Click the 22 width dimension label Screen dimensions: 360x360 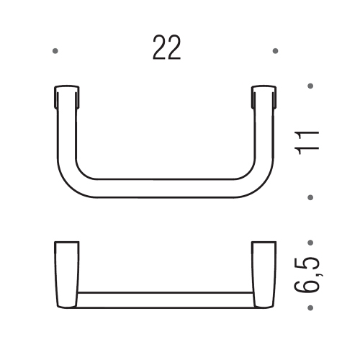[x=166, y=48]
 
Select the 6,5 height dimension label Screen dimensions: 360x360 [x=307, y=275]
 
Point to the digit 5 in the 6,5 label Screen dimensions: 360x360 [x=307, y=258]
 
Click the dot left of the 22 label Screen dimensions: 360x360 [x=55, y=51]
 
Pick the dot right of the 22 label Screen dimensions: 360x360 [x=276, y=51]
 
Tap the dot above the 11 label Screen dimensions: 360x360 [x=310, y=86]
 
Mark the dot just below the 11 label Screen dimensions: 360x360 [x=310, y=197]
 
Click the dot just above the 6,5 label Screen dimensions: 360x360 [x=310, y=243]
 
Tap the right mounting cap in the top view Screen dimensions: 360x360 [x=264, y=96]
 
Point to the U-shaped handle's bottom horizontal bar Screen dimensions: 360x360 [x=164, y=189]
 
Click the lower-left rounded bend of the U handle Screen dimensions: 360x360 [x=73, y=180]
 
